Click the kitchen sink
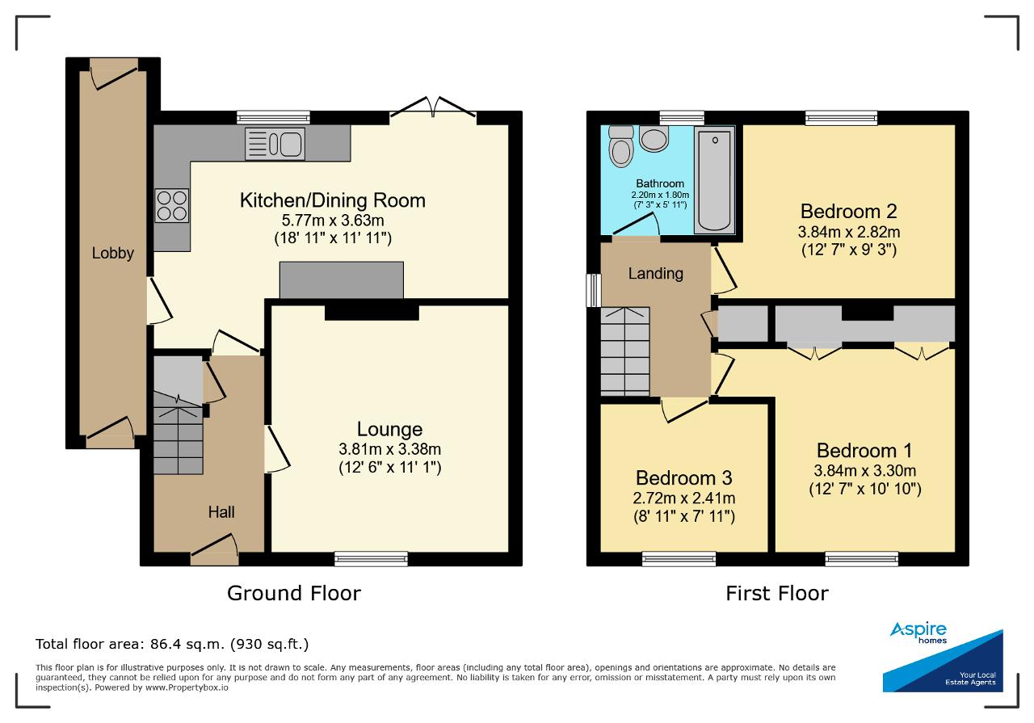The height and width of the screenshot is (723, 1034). [x=275, y=144]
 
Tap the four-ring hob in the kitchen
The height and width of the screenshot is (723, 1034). [x=172, y=205]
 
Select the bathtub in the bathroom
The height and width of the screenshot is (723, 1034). [x=714, y=180]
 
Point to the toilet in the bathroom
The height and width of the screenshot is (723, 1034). [x=621, y=146]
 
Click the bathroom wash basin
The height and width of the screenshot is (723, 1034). [x=654, y=139]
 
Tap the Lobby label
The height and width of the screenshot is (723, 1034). [x=112, y=253]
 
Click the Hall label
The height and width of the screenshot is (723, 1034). [x=221, y=512]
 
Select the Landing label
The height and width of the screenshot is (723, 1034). [x=655, y=274]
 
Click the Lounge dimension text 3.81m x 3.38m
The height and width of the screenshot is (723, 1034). [x=390, y=449]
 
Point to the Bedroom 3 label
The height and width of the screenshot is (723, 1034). [x=684, y=478]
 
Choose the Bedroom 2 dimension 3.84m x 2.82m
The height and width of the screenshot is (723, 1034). [x=849, y=232]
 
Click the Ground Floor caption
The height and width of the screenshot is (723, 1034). [x=294, y=593]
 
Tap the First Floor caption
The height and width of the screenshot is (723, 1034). [x=777, y=593]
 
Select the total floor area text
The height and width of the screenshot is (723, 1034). [x=172, y=644]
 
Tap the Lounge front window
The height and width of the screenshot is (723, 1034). [x=371, y=559]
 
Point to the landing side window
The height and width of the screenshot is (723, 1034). [x=594, y=290]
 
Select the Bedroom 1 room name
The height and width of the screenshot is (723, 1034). [x=864, y=451]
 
